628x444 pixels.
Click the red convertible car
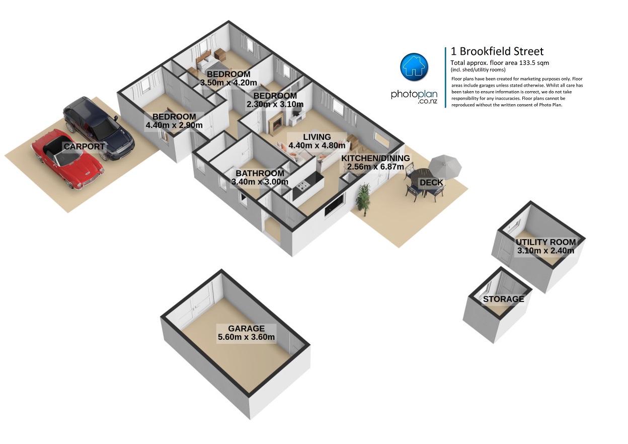(x=67, y=159)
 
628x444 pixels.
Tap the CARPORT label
(x=84, y=146)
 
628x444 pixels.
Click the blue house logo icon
(x=414, y=67)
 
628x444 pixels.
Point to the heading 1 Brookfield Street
(x=497, y=51)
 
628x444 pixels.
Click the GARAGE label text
(x=246, y=328)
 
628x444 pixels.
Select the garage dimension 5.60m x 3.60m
(x=246, y=337)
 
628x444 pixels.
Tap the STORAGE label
(x=503, y=299)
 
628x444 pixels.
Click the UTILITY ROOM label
(x=545, y=242)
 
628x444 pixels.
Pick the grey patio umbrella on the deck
(x=445, y=167)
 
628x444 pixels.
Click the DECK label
(x=431, y=183)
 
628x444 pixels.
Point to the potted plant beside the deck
(x=363, y=199)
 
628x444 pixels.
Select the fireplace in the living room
(x=277, y=123)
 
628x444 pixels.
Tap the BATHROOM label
(x=260, y=173)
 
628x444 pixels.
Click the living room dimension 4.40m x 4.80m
(x=317, y=145)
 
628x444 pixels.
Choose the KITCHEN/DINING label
(x=375, y=158)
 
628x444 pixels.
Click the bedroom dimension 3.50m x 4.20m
(x=228, y=83)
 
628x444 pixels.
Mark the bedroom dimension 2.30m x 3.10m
(x=275, y=104)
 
